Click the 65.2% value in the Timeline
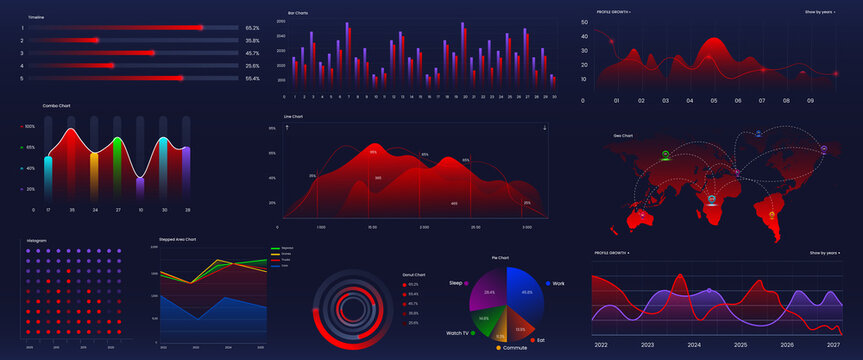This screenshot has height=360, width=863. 252,28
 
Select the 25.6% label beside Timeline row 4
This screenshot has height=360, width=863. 252,66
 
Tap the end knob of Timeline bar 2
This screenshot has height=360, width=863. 96,40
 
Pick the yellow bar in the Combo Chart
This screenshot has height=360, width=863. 94,172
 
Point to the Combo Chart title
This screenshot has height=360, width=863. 56,105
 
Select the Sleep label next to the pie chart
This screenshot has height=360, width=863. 457,284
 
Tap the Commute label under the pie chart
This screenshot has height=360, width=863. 515,347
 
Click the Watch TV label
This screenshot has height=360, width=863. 458,332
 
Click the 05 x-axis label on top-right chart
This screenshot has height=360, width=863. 714,101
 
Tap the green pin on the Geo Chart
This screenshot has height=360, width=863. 665,154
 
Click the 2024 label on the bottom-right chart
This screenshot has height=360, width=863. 694,344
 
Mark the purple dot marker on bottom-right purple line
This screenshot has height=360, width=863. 710,291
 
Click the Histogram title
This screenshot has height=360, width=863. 37,240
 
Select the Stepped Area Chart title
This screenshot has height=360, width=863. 177,240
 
